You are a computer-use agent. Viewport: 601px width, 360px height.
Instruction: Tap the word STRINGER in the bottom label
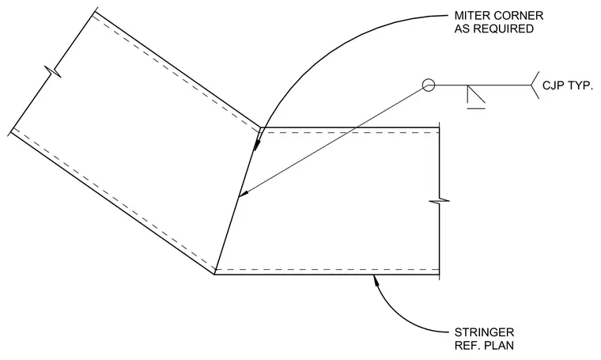coord(484,332)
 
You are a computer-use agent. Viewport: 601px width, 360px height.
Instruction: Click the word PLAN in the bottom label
coord(500,345)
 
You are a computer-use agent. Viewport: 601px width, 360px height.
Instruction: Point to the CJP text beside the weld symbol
coord(553,85)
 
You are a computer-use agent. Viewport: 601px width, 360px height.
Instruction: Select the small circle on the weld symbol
coord(429,85)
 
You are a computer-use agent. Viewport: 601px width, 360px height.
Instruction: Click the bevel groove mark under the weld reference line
coord(476,97)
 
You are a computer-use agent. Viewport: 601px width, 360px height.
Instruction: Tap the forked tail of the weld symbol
coord(535,85)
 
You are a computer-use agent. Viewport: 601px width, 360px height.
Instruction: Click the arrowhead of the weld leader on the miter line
coord(243,195)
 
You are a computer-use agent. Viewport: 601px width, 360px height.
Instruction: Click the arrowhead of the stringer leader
coord(376,280)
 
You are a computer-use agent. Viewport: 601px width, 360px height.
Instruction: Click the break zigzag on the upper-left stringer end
coord(52,72)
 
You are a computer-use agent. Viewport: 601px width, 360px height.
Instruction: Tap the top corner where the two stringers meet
coord(260,127)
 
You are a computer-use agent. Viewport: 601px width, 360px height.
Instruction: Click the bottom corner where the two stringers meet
coord(214,275)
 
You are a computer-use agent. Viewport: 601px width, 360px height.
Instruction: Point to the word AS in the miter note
coord(462,28)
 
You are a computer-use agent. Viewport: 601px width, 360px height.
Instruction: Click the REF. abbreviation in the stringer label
coord(468,345)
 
